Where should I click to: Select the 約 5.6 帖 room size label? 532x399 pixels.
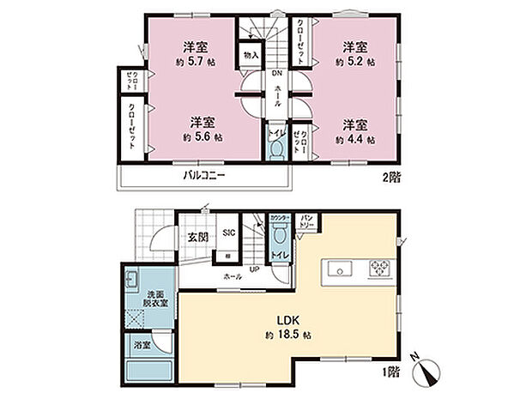[203, 136]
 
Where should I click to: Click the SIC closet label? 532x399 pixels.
[229, 233]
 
